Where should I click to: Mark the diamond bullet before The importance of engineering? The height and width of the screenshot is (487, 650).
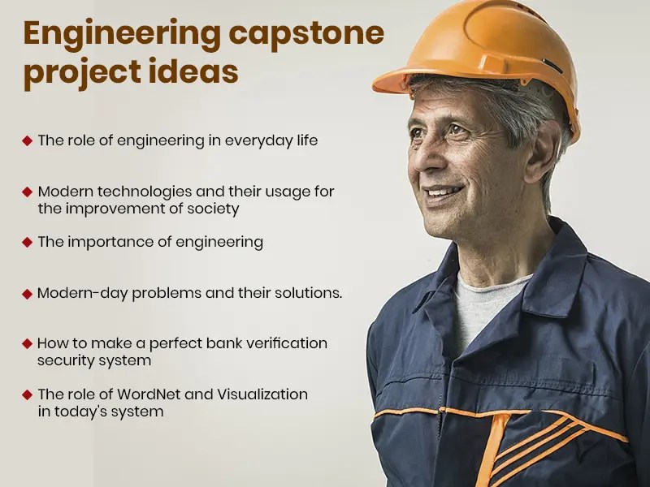point(28,242)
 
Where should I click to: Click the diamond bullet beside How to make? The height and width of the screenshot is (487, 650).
point(28,343)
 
